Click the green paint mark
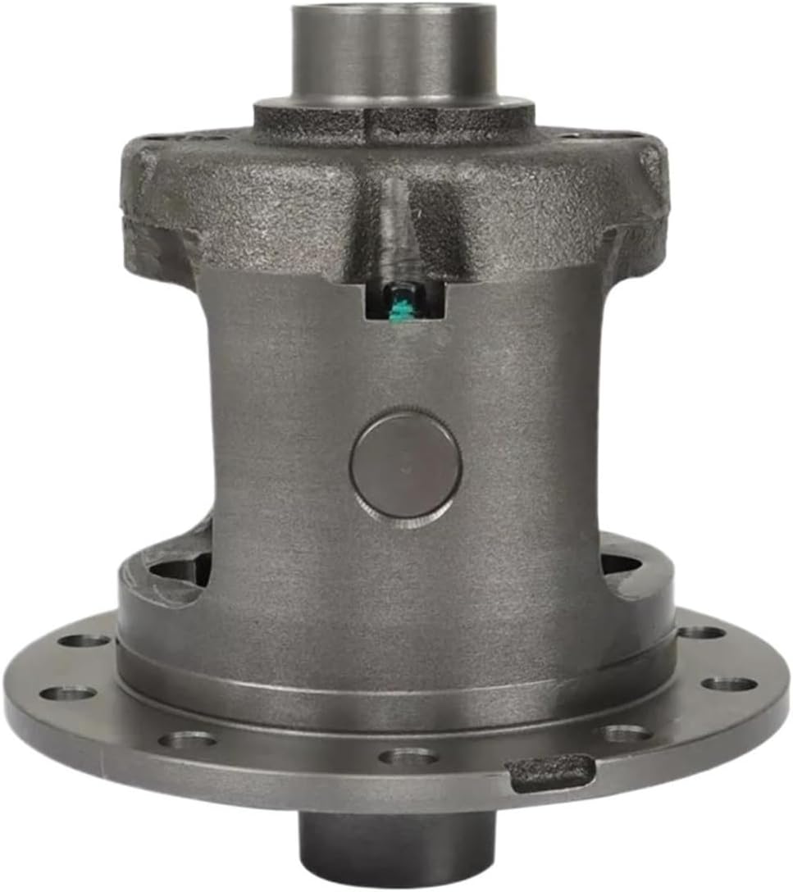[x=402, y=310]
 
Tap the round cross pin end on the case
[x=405, y=465]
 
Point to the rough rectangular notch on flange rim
[x=550, y=771]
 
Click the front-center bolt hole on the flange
[x=408, y=755]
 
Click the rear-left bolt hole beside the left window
[x=85, y=640]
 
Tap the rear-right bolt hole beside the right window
[x=701, y=632]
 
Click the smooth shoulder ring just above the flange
[x=394, y=689]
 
